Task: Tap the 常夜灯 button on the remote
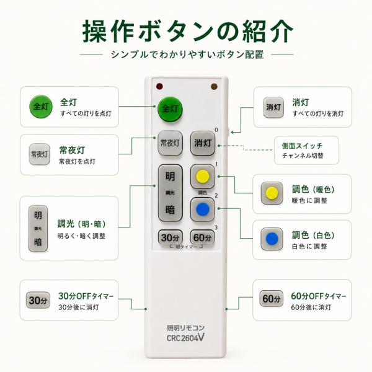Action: (170, 143)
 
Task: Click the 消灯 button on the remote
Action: (203, 143)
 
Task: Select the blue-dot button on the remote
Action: (203, 210)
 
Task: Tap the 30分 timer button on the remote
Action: (170, 237)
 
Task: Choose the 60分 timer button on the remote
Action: (202, 237)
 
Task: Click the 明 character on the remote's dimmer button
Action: (170, 177)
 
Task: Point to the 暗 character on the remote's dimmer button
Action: (170, 210)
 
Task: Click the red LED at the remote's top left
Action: (159, 86)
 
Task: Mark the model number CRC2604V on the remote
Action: (185, 338)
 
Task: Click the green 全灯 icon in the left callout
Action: (41, 106)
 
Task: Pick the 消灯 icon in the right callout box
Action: (273, 107)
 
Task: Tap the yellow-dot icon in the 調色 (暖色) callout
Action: (272, 193)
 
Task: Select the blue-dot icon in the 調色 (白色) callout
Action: (272, 239)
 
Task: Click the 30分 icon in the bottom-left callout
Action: (38, 300)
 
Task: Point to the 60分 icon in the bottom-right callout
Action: (272, 299)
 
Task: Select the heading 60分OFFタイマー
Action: (319, 296)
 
